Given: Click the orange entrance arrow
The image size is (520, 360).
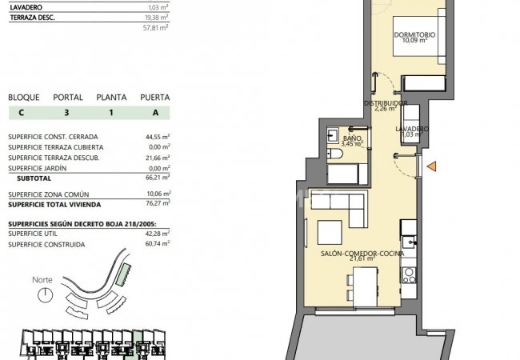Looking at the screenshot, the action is click(431, 166).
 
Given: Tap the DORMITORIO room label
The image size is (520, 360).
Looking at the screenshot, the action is click(414, 34).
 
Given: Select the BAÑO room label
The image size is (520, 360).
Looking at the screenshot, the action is click(352, 138).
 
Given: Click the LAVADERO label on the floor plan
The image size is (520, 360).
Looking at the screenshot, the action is click(412, 129).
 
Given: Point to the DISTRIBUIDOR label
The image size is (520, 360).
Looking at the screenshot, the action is click(386, 103).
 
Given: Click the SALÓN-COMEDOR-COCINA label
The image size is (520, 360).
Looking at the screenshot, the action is click(362, 254).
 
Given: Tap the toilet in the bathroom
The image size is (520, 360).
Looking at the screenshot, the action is click(335, 154).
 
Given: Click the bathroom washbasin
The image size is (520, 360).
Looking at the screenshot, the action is click(332, 135).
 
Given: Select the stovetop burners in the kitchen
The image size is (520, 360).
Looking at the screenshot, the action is click(409, 275).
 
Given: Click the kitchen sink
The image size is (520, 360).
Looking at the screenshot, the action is click(409, 242).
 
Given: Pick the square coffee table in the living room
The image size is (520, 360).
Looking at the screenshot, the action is click(330, 232).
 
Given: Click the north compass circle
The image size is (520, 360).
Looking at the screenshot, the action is click(45, 294).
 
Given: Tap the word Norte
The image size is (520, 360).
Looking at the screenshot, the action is click(42, 280).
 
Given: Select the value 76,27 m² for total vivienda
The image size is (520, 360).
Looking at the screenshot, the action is click(158, 203).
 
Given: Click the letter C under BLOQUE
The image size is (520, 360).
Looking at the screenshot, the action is click(22, 113).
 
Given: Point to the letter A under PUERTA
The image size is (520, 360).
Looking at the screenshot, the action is click(155, 113).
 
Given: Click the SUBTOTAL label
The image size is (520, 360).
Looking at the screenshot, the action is click(34, 178).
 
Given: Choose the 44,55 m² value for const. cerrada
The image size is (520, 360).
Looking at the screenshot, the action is click(158, 137).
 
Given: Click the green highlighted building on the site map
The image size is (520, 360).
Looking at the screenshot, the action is click(123, 274).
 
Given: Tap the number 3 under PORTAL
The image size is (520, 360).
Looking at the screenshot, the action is click(66, 113).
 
